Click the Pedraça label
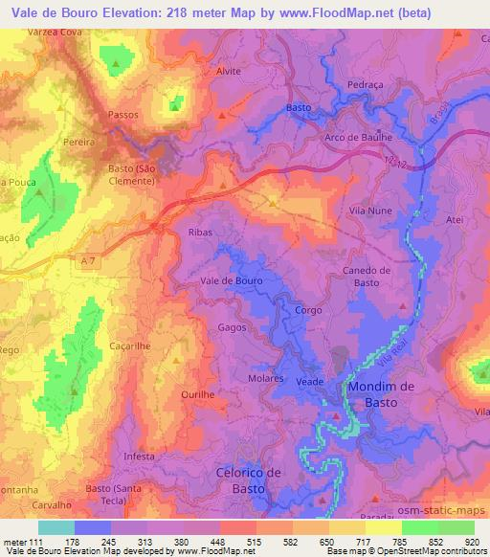365,85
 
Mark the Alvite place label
229,72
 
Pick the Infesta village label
139,457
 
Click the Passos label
123,114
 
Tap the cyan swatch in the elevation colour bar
56,526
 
